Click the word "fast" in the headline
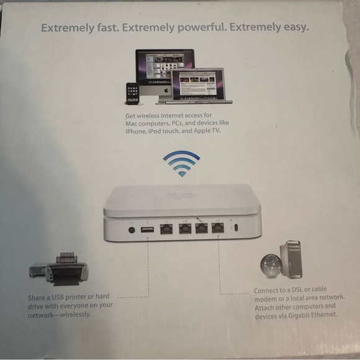(x=109, y=28)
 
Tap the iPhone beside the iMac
(x=132, y=92)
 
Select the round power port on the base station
(x=132, y=230)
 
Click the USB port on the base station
(x=147, y=230)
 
